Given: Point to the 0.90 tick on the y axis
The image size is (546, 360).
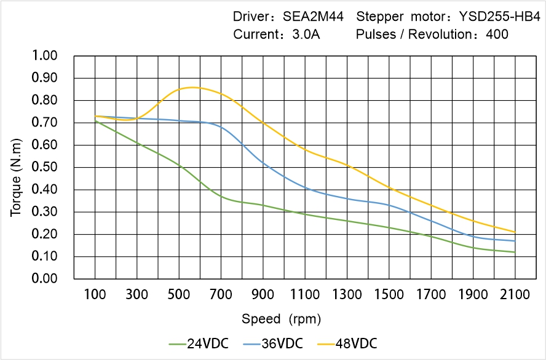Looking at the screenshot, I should pyautogui.click(x=44, y=78).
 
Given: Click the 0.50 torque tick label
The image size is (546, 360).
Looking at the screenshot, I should pyautogui.click(x=44, y=167).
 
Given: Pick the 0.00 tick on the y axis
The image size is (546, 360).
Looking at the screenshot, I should pyautogui.click(x=44, y=279).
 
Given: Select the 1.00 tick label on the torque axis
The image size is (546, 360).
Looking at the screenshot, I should pyautogui.click(x=44, y=56).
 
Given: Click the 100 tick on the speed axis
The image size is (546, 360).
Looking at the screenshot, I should pyautogui.click(x=95, y=295).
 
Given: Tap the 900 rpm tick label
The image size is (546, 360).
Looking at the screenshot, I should pyautogui.click(x=263, y=295).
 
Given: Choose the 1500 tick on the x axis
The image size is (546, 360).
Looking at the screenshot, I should pyautogui.click(x=389, y=295).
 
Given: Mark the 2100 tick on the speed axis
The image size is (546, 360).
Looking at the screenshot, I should pyautogui.click(x=515, y=295).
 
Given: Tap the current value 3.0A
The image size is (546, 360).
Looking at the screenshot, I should pyautogui.click(x=305, y=34).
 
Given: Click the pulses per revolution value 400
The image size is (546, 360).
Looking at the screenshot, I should pyautogui.click(x=497, y=34).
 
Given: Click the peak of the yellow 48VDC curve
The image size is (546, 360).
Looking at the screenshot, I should pyautogui.click(x=192, y=87).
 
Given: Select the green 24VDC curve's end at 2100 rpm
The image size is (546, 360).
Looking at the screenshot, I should pyautogui.click(x=515, y=252).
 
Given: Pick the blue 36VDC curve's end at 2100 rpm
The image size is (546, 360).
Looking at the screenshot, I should pyautogui.click(x=515, y=241).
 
